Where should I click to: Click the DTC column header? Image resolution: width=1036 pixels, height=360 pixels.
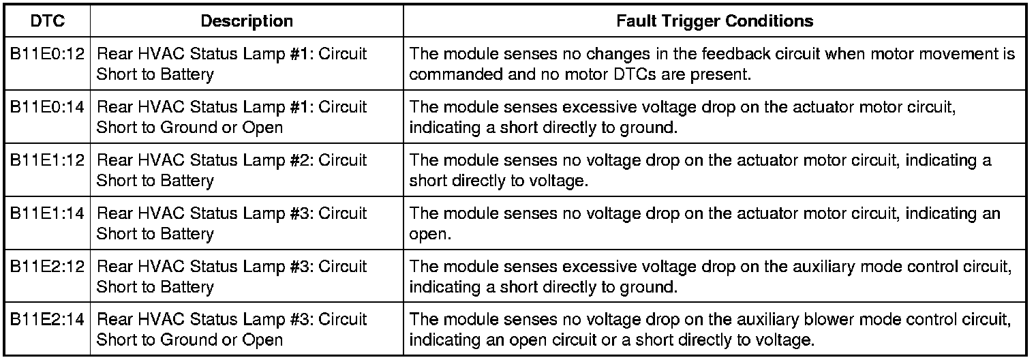(48, 21)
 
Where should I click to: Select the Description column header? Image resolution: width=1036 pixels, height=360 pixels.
(247, 21)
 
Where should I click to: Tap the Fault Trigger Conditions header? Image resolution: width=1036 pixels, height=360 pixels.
(714, 21)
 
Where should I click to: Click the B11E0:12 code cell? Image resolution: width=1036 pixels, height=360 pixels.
(48, 54)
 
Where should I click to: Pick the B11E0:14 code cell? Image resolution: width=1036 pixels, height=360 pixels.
(48, 107)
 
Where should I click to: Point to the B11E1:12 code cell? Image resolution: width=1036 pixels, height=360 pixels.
(48, 160)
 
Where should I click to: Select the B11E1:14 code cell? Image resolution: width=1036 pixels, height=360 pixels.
(48, 213)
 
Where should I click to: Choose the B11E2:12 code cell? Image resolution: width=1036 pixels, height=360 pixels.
(48, 267)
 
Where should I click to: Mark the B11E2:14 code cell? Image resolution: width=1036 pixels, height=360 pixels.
(48, 320)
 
